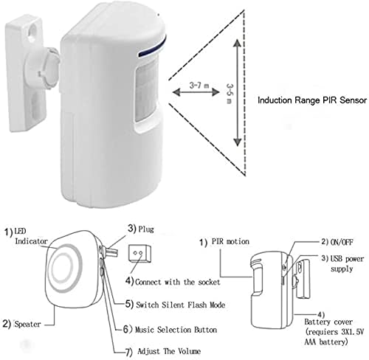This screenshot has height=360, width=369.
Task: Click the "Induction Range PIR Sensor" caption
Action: [312, 100]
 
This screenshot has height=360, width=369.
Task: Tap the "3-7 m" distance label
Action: [199, 86]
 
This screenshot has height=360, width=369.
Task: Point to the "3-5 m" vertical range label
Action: [230, 94]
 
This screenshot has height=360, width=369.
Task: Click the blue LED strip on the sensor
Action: [152, 47]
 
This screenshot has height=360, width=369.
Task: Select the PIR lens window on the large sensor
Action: [145, 91]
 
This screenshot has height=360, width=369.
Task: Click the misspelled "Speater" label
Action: [27, 324]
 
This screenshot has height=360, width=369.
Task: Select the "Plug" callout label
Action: [146, 229]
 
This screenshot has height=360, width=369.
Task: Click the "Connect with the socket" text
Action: [177, 282]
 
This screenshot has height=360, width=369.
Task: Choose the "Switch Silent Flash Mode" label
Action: [181, 305]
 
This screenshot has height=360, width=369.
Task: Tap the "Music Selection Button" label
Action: [176, 330]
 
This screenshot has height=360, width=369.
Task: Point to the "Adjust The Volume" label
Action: [169, 351]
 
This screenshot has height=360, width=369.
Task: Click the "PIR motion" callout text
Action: [230, 241]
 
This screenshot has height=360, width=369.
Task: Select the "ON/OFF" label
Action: [342, 242]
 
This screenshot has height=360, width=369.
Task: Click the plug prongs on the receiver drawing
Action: [112, 252]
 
